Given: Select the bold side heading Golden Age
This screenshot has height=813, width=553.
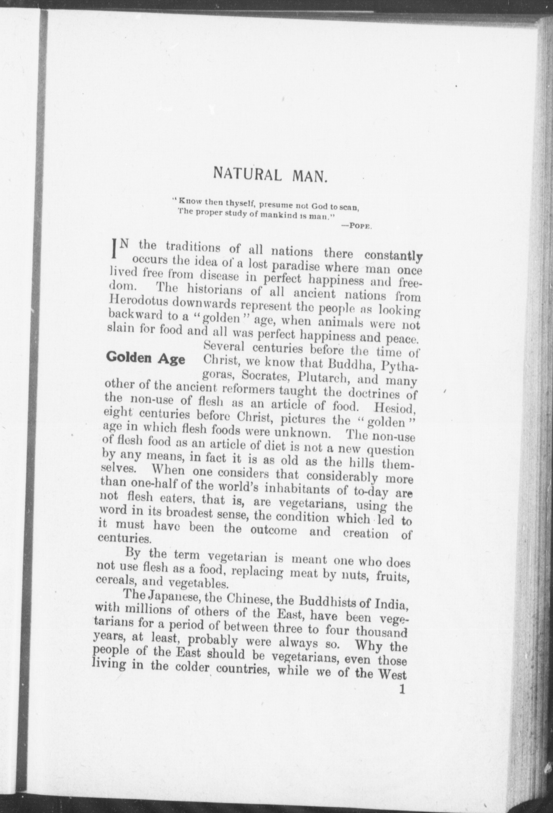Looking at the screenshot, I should [x=146, y=358].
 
